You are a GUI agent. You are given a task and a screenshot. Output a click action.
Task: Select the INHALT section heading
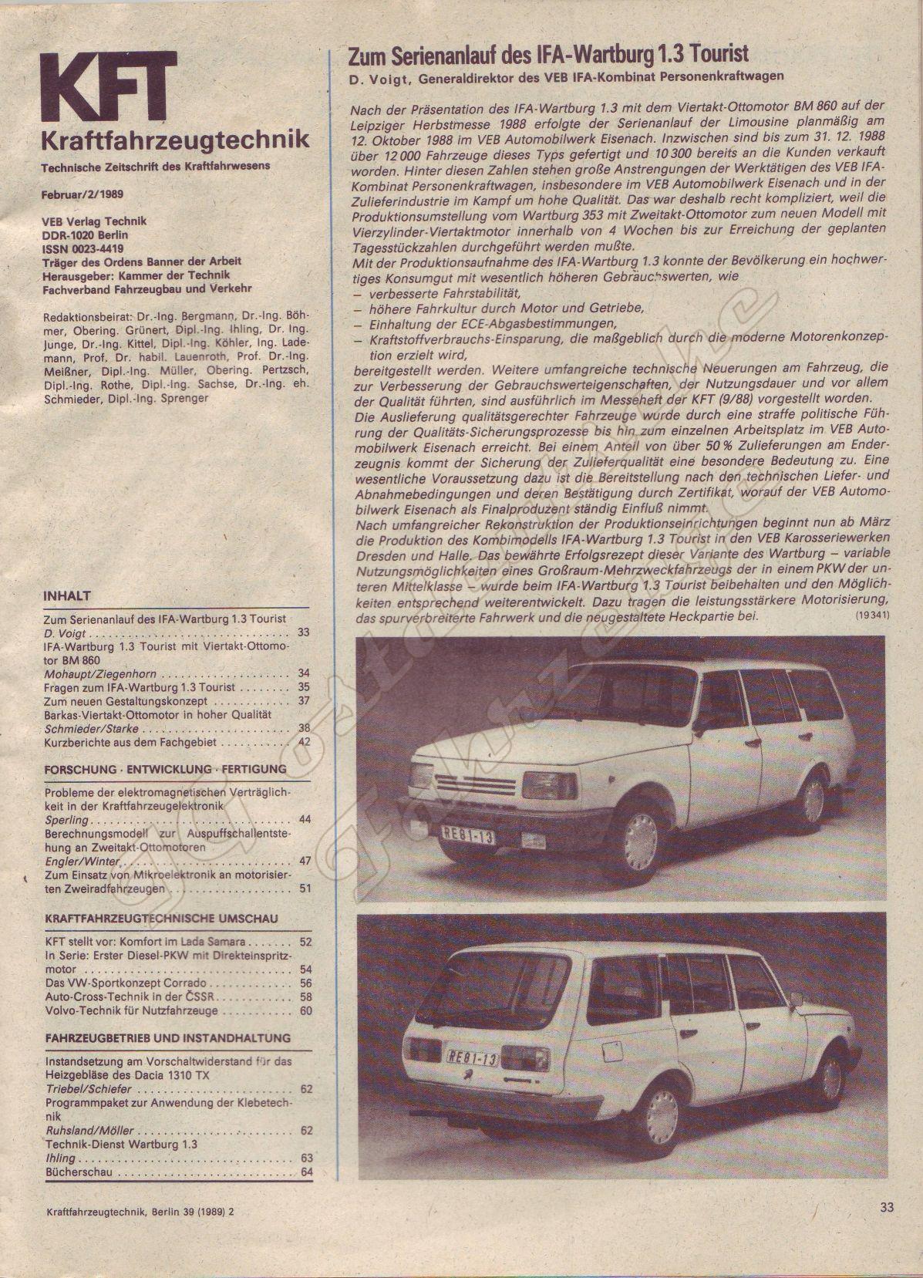(x=68, y=596)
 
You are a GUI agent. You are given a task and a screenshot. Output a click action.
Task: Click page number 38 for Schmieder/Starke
(x=304, y=728)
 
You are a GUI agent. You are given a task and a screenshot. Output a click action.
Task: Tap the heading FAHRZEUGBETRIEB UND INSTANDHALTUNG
(x=168, y=1038)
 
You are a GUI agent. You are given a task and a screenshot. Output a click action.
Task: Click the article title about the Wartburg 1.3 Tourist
(x=548, y=55)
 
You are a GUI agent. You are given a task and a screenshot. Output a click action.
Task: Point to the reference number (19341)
(x=872, y=616)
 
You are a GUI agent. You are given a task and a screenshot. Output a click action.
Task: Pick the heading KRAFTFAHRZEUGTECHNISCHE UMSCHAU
(x=162, y=919)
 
